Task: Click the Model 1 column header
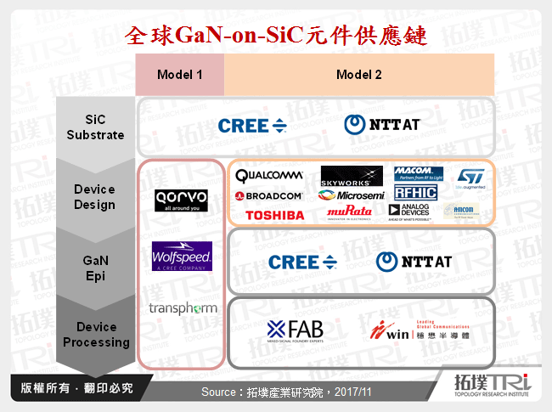coord(179,75)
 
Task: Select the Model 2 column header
coord(358,75)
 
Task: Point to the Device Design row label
coord(95,197)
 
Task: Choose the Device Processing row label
coord(102,335)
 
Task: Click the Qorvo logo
coord(180,200)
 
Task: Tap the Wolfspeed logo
coord(180,257)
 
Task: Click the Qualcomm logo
coord(269,176)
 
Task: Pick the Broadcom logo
coord(269,195)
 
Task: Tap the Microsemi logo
coord(350,195)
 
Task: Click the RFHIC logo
coord(416,193)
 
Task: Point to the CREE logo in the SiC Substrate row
coord(253,126)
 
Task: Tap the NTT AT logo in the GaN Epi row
coord(414,262)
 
